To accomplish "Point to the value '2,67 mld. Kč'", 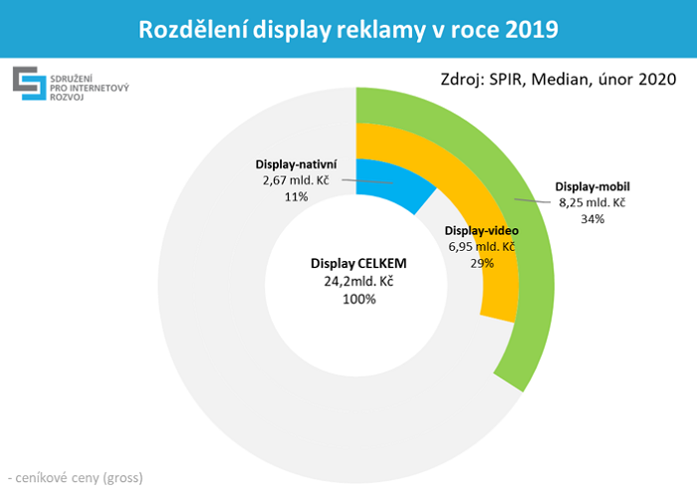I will coord(296,181).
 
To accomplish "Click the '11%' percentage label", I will coord(296,197).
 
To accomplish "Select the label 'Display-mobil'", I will coord(592,186).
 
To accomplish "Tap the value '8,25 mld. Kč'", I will coord(592,202).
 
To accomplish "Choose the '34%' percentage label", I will coord(592,218).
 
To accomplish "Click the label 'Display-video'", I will coord(481,231).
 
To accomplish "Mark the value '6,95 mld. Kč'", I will coord(481,247).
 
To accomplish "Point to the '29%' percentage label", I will coord(481,263).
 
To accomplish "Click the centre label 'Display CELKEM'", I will coord(359,265).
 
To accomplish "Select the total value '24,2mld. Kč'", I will coord(359,282).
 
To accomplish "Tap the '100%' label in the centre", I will coord(359,299).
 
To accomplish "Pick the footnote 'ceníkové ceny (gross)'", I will coord(78,477).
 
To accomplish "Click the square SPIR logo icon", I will coord(27,85).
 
